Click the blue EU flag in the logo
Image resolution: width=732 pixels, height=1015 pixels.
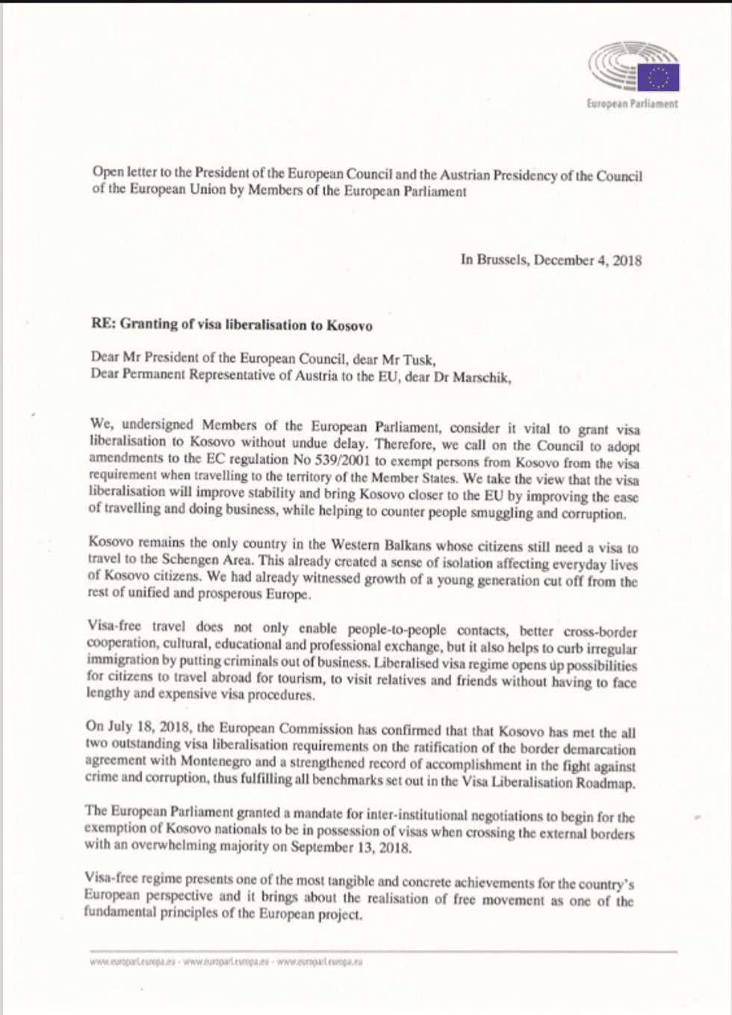click(658, 77)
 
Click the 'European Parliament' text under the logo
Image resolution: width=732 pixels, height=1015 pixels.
click(632, 104)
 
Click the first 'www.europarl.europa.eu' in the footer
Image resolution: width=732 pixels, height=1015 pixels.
click(131, 962)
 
